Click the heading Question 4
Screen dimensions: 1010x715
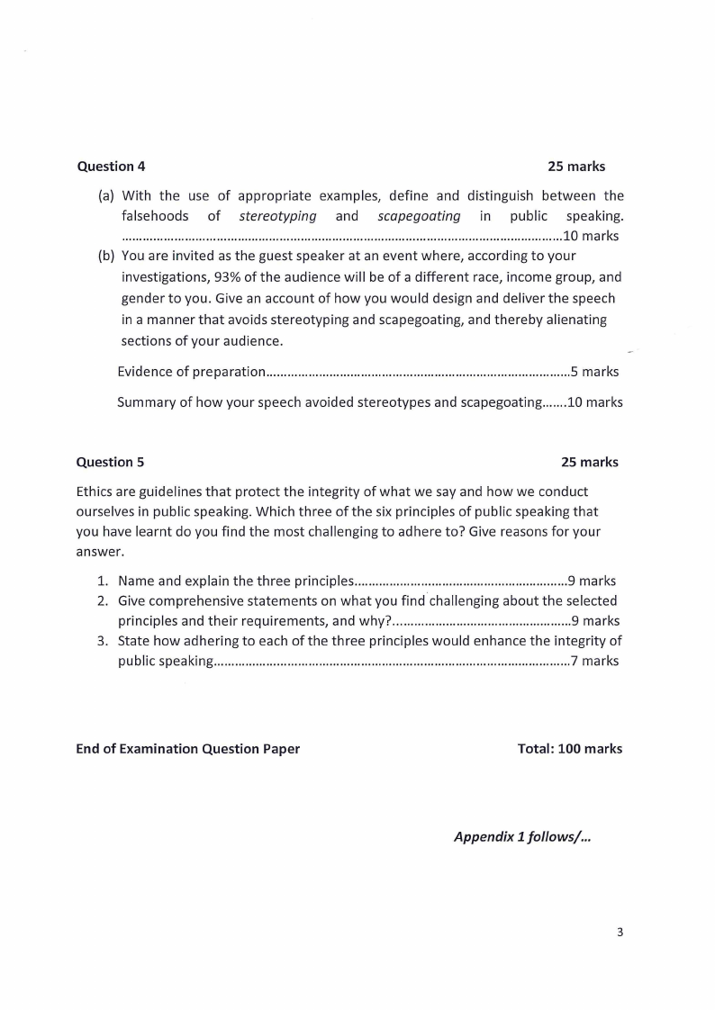click(111, 167)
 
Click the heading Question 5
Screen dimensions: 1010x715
click(110, 462)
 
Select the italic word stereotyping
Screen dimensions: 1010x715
click(277, 216)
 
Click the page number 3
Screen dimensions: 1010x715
click(620, 932)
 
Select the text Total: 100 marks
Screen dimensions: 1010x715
click(569, 748)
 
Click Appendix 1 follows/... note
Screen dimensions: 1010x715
click(522, 836)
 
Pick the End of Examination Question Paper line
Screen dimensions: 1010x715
click(187, 748)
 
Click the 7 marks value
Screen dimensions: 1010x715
click(594, 661)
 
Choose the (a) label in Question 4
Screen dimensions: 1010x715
click(105, 195)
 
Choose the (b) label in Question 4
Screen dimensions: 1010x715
click(105, 255)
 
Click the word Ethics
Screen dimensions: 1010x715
click(95, 491)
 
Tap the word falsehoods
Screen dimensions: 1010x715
click(155, 216)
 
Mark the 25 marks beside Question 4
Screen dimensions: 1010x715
click(576, 167)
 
